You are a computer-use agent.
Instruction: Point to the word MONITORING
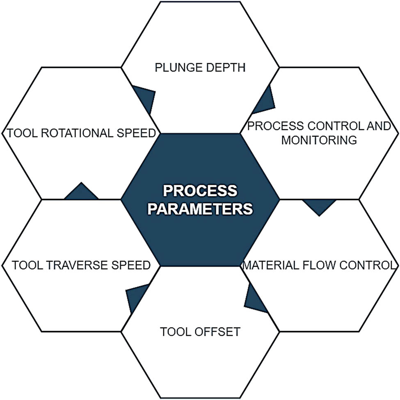(319, 139)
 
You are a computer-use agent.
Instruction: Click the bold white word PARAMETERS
(200, 208)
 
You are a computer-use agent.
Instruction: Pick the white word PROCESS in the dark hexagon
(200, 191)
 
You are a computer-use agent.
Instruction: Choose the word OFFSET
(219, 331)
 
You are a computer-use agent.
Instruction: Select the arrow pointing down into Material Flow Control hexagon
(319, 206)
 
